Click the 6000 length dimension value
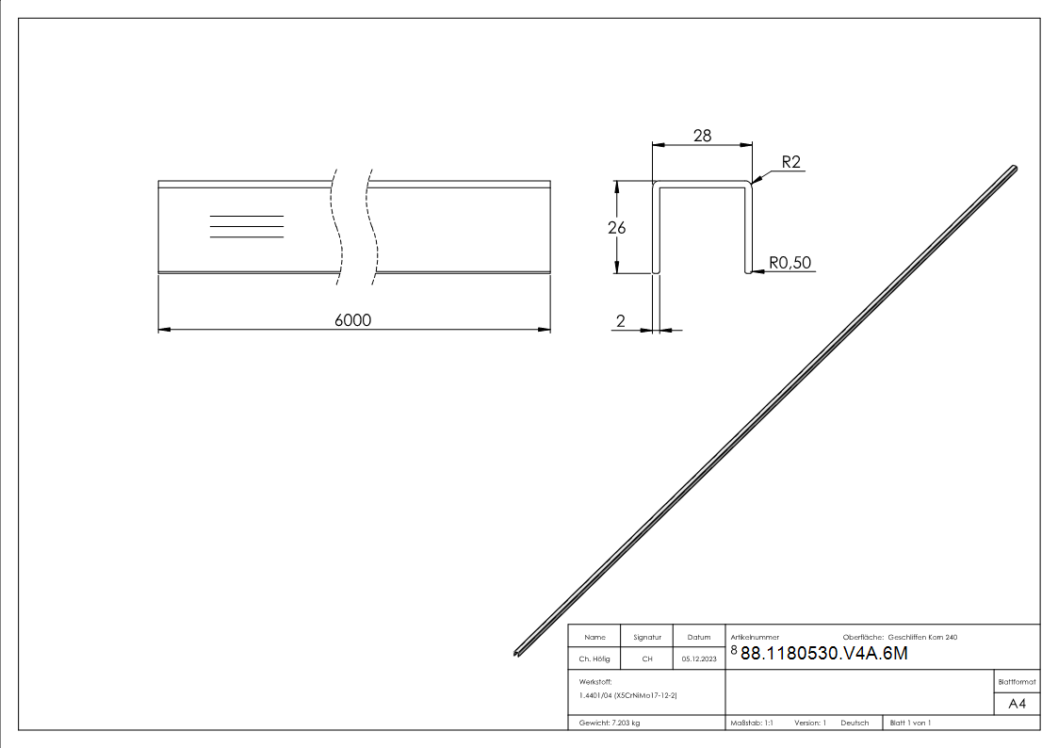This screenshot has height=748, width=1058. pyautogui.click(x=353, y=320)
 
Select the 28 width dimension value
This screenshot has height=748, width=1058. pyautogui.click(x=702, y=136)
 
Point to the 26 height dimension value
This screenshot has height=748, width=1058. pyautogui.click(x=617, y=227)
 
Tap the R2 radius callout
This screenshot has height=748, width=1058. pyautogui.click(x=790, y=163)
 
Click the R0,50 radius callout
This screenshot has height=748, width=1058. pyautogui.click(x=790, y=263)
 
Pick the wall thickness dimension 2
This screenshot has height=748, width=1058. pyautogui.click(x=620, y=321)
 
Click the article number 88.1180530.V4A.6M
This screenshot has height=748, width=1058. pyautogui.click(x=824, y=654)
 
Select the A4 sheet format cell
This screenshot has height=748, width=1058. pyautogui.click(x=1017, y=704)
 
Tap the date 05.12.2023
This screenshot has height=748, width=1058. pyautogui.click(x=699, y=659)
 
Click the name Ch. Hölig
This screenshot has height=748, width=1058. pyautogui.click(x=595, y=659)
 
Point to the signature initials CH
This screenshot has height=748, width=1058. pyautogui.click(x=647, y=659)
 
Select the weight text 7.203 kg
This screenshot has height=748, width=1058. pyautogui.click(x=610, y=723)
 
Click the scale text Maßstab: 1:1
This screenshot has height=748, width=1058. pyautogui.click(x=752, y=723)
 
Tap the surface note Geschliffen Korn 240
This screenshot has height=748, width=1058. pyautogui.click(x=922, y=638)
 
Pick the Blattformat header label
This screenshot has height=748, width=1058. pyautogui.click(x=1017, y=681)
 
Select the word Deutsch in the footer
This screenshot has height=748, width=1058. pyautogui.click(x=855, y=723)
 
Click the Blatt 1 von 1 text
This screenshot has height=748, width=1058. pyautogui.click(x=910, y=723)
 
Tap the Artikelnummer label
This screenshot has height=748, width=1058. pyautogui.click(x=755, y=638)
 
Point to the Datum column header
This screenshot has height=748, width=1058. pyautogui.click(x=699, y=638)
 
